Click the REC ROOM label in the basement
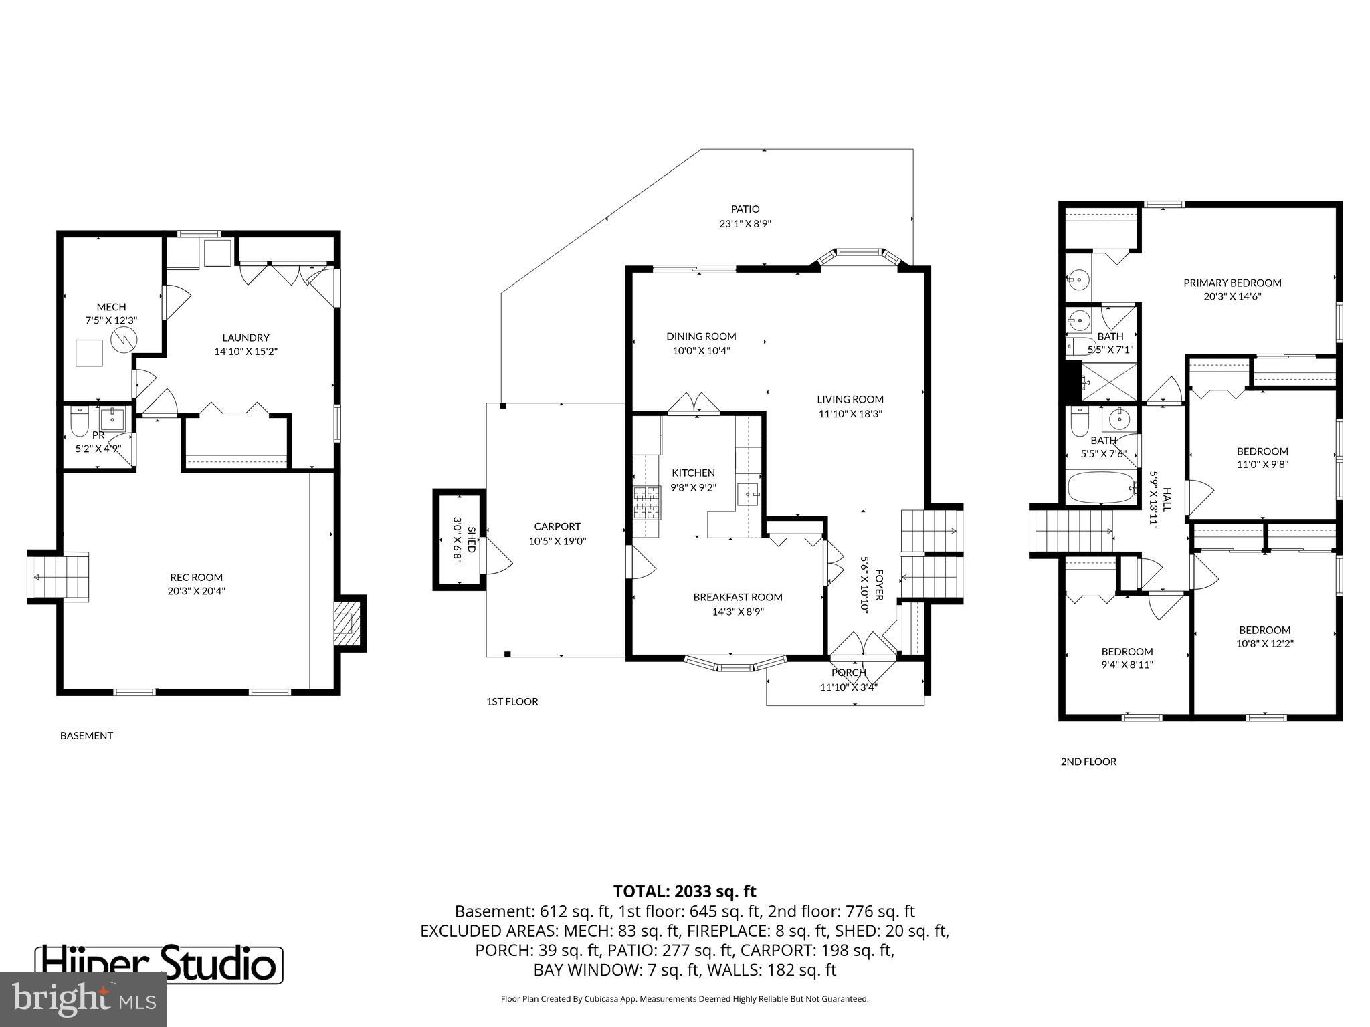(196, 577)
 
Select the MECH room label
(111, 307)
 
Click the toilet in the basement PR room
(79, 421)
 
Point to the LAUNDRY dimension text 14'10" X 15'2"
(246, 351)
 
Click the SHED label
(472, 540)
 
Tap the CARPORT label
(557, 526)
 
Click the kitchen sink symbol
(749, 495)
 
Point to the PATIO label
(745, 209)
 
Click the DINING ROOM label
(701, 336)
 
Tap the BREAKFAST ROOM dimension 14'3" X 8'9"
(738, 611)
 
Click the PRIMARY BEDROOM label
(1232, 283)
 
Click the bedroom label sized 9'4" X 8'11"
(1127, 651)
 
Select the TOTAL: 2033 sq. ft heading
(684, 891)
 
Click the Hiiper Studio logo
(159, 964)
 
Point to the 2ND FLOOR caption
(1088, 761)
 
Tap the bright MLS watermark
(84, 999)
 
